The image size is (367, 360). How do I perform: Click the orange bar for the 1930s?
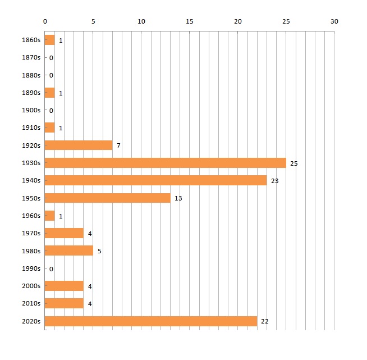click(x=165, y=163)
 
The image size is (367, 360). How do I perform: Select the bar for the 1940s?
click(x=155, y=180)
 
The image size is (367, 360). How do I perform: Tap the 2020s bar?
click(x=150, y=321)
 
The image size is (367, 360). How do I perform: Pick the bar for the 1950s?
click(x=107, y=198)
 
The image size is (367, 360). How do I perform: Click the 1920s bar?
click(x=79, y=145)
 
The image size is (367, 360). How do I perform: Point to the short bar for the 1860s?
click(x=50, y=40)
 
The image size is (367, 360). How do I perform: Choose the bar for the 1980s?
click(x=68, y=250)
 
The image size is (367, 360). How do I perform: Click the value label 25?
click(x=293, y=163)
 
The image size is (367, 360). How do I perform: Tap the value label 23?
click(x=274, y=181)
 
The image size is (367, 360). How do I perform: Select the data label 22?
click(x=265, y=322)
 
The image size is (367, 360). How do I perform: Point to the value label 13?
click(x=178, y=198)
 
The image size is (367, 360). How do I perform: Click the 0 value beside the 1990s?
click(x=51, y=269)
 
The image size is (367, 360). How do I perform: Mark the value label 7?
click(x=118, y=146)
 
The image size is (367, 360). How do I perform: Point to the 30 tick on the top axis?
click(x=334, y=21)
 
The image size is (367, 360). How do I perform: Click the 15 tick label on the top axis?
click(x=190, y=21)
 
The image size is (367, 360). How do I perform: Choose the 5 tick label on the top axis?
click(x=93, y=21)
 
